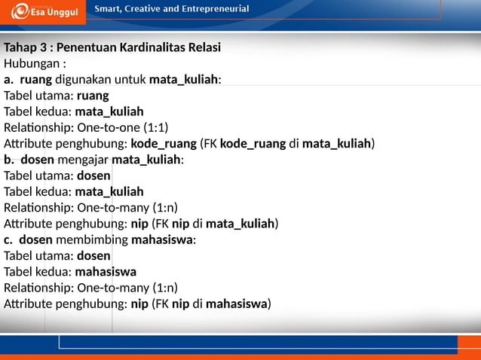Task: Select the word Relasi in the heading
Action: point(203,47)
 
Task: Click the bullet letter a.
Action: point(8,80)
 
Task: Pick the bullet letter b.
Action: point(8,160)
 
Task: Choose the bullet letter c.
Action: point(8,240)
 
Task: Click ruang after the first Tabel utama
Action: point(93,96)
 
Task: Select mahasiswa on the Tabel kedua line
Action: point(106,272)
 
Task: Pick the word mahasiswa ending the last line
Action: point(236,304)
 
